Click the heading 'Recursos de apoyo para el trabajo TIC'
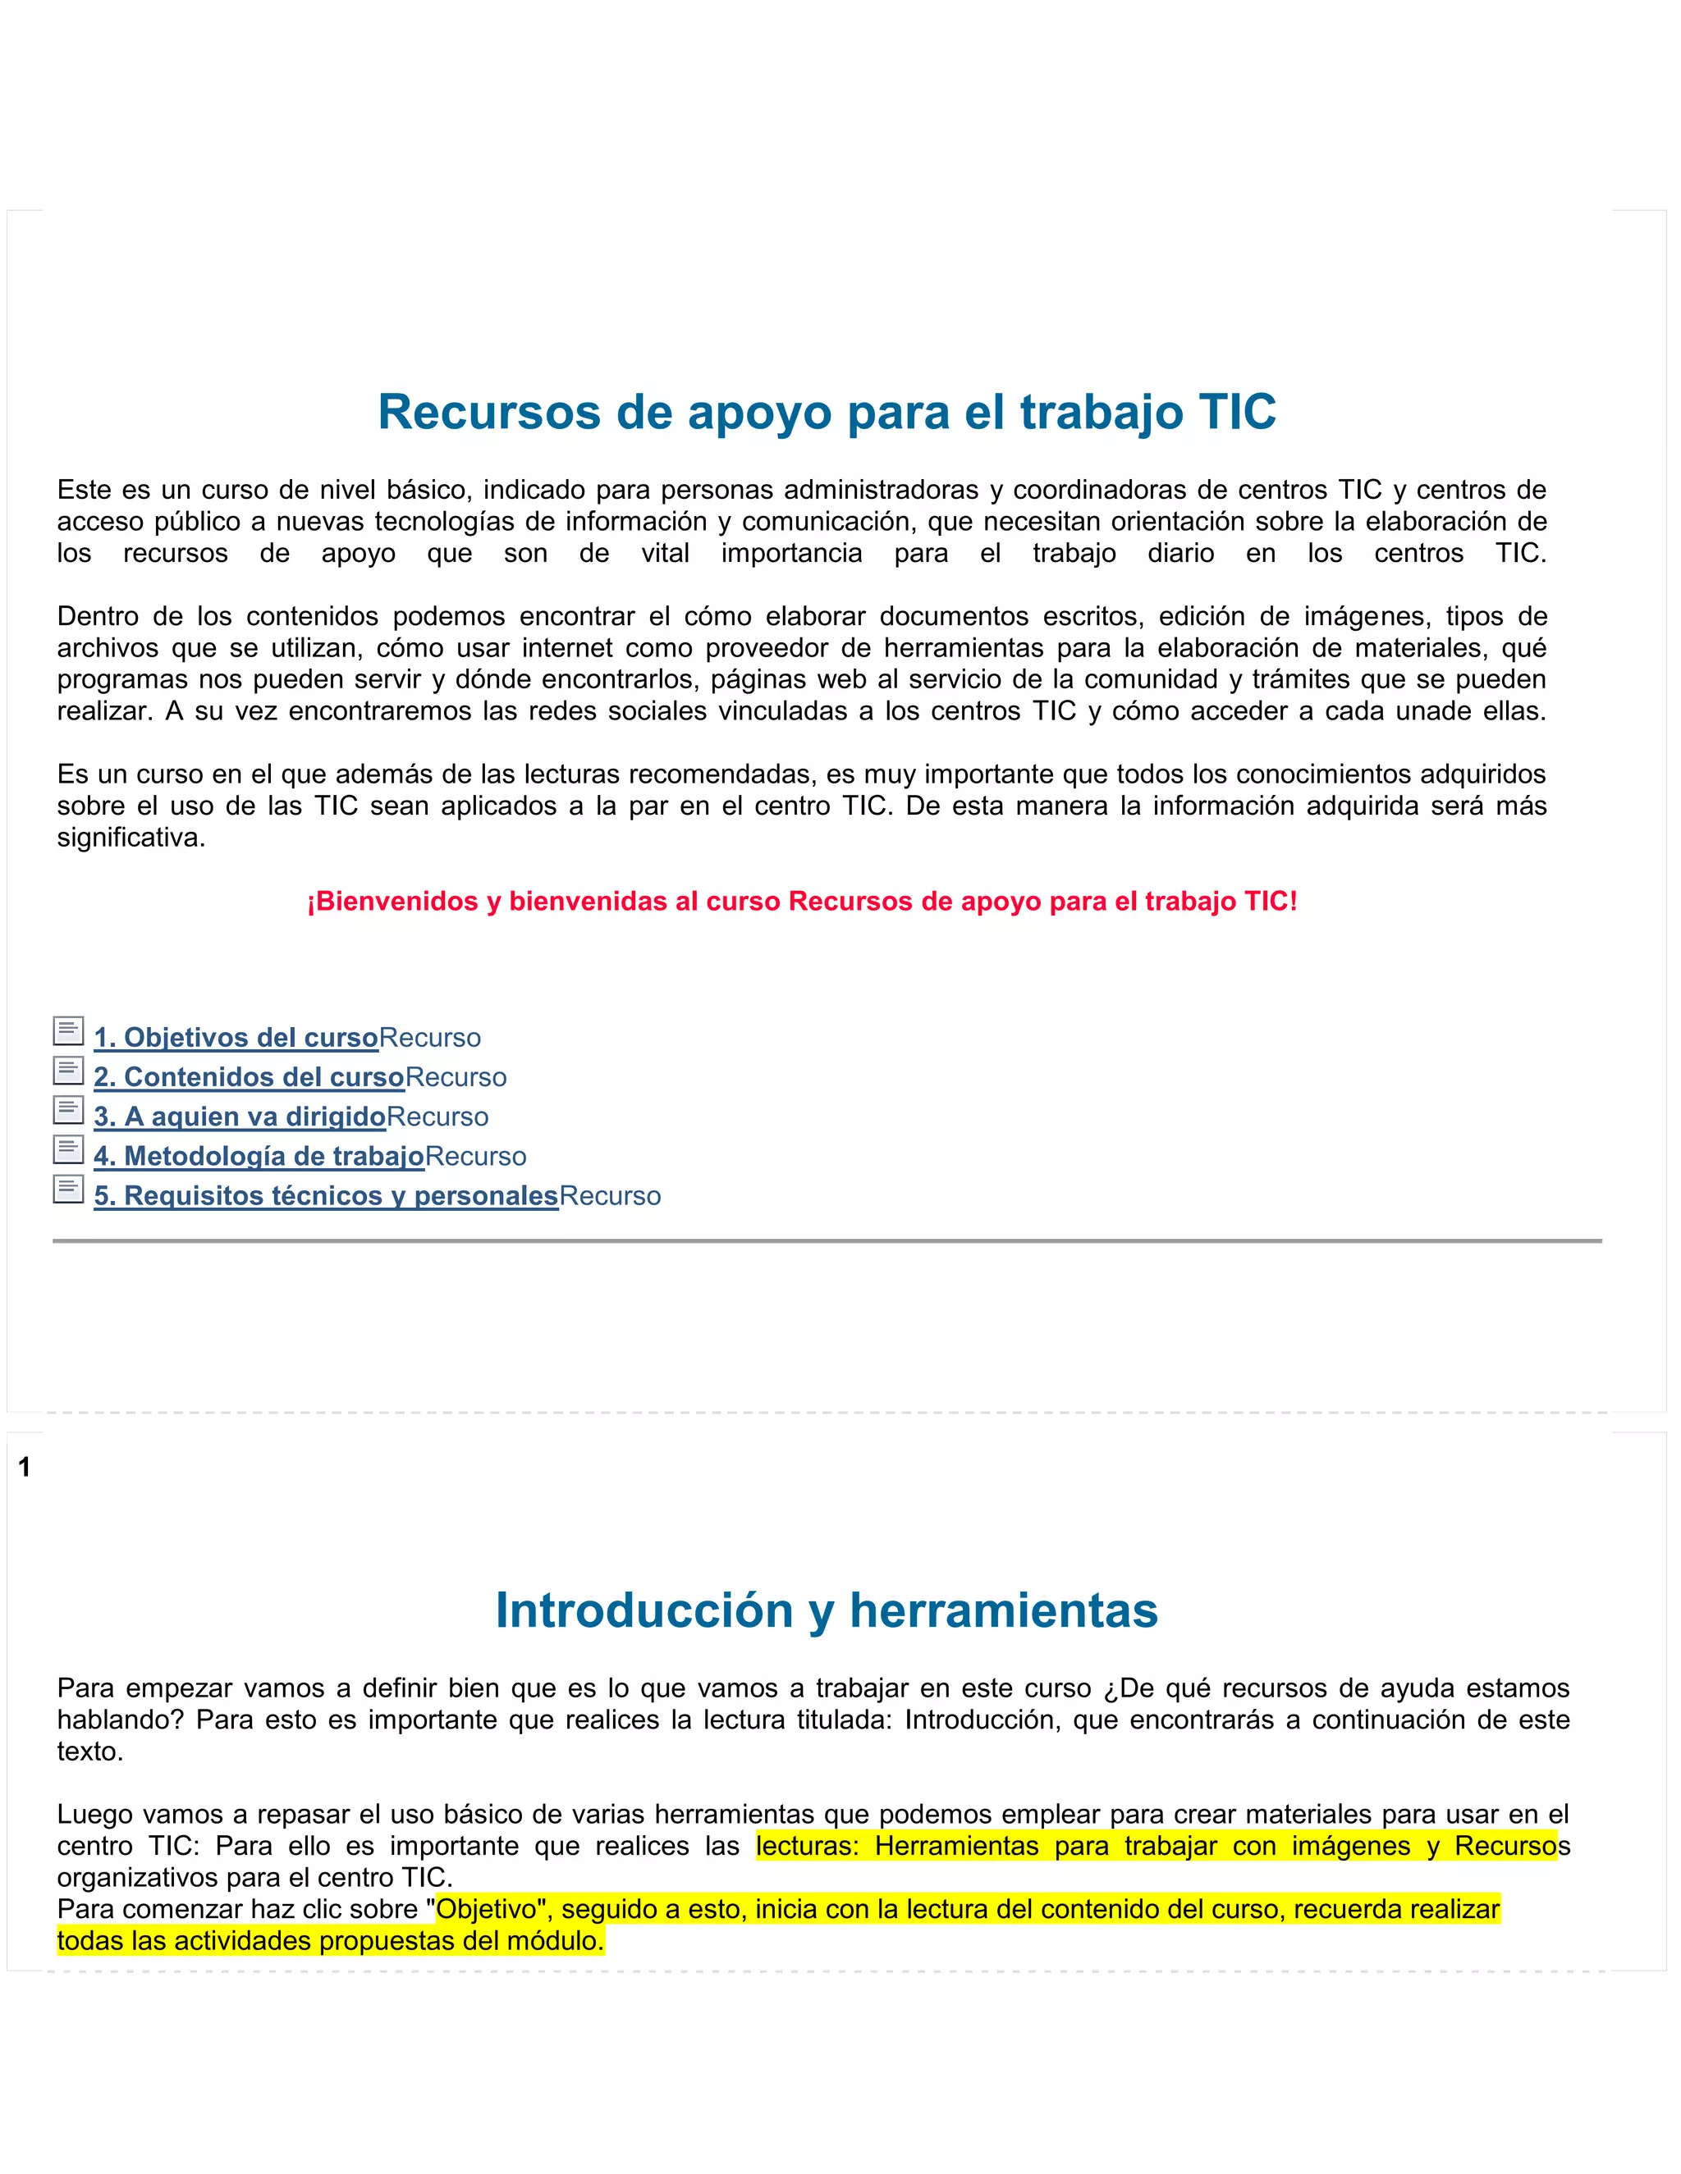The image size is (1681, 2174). point(827,412)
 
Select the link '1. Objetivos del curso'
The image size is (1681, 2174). point(236,1037)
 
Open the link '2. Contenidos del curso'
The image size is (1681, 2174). point(249,1077)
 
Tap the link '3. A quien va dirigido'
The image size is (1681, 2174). point(239,1117)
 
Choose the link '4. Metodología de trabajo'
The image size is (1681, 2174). point(259,1157)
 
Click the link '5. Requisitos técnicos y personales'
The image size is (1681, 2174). point(326,1195)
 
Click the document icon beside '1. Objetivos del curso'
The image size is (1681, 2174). point(68,1031)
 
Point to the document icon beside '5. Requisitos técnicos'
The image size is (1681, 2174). point(68,1190)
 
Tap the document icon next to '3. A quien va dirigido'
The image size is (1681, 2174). point(68,1110)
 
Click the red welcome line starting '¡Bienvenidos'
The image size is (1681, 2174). point(802,902)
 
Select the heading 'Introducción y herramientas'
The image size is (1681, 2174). point(827,1610)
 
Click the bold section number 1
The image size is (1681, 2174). point(25,1468)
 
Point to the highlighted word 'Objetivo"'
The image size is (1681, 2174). point(493,1909)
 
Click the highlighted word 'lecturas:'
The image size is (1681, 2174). point(807,1847)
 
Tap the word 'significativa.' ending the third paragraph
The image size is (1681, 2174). point(131,838)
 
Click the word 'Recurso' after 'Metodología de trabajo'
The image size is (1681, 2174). point(475,1157)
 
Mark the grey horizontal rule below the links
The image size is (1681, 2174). point(827,1241)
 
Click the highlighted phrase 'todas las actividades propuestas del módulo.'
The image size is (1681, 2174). point(330,1941)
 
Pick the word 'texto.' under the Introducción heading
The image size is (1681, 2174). point(89,1752)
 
